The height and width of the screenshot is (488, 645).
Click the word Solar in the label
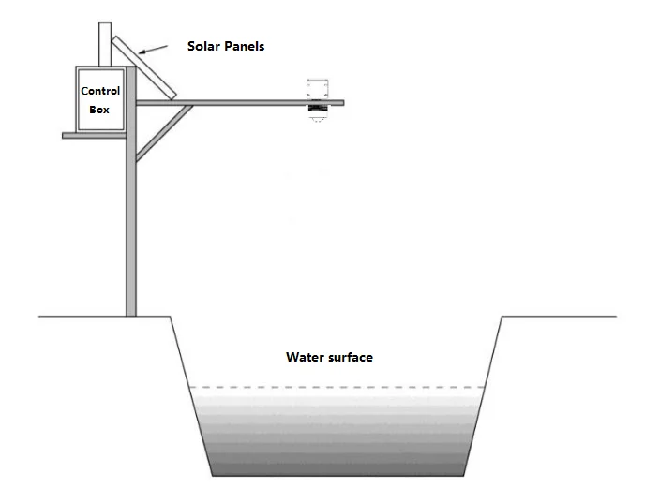pos(204,46)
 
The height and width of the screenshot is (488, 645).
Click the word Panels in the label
pos(244,46)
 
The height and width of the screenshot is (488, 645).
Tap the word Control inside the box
pos(100,91)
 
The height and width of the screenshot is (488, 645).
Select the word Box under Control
pos(100,109)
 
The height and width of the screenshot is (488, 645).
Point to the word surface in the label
pos(351,357)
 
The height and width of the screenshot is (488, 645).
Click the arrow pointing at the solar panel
pos(156,48)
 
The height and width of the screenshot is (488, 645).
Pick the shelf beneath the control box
pos(94,136)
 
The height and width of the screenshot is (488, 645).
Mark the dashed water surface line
pos(337,387)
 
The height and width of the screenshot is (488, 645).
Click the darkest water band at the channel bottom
pos(337,467)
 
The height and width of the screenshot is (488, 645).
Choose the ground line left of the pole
pos(80,317)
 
